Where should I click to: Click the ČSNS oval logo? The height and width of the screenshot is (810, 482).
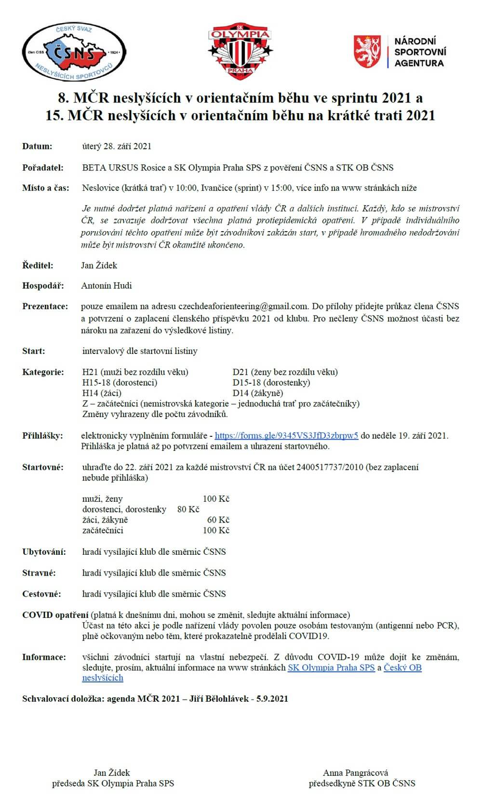click(74, 52)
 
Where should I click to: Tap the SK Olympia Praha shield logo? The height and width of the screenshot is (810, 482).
click(240, 52)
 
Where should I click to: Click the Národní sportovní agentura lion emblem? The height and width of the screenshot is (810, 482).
click(369, 51)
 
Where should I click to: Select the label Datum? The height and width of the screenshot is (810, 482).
click(37, 146)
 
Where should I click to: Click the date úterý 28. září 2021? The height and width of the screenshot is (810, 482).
click(117, 146)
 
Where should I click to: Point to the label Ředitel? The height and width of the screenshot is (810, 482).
click(38, 265)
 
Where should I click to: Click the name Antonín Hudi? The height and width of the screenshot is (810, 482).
click(107, 286)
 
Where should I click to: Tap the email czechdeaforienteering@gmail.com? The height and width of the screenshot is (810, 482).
click(243, 306)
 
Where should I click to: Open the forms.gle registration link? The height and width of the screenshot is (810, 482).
click(286, 436)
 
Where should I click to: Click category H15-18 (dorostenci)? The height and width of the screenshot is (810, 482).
click(120, 382)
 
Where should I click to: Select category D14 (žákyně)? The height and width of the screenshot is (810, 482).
click(258, 393)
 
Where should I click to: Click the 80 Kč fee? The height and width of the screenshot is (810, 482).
click(188, 509)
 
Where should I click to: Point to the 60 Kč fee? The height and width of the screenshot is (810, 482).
click(218, 520)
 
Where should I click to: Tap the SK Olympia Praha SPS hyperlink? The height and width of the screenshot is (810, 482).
click(331, 667)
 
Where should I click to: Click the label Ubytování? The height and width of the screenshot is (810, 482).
click(44, 552)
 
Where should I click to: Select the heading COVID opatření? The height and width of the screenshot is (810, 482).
click(55, 615)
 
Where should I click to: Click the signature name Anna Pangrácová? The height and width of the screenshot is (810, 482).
click(356, 773)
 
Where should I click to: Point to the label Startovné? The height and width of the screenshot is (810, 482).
click(43, 467)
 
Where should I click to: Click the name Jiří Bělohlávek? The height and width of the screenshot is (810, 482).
click(216, 699)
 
